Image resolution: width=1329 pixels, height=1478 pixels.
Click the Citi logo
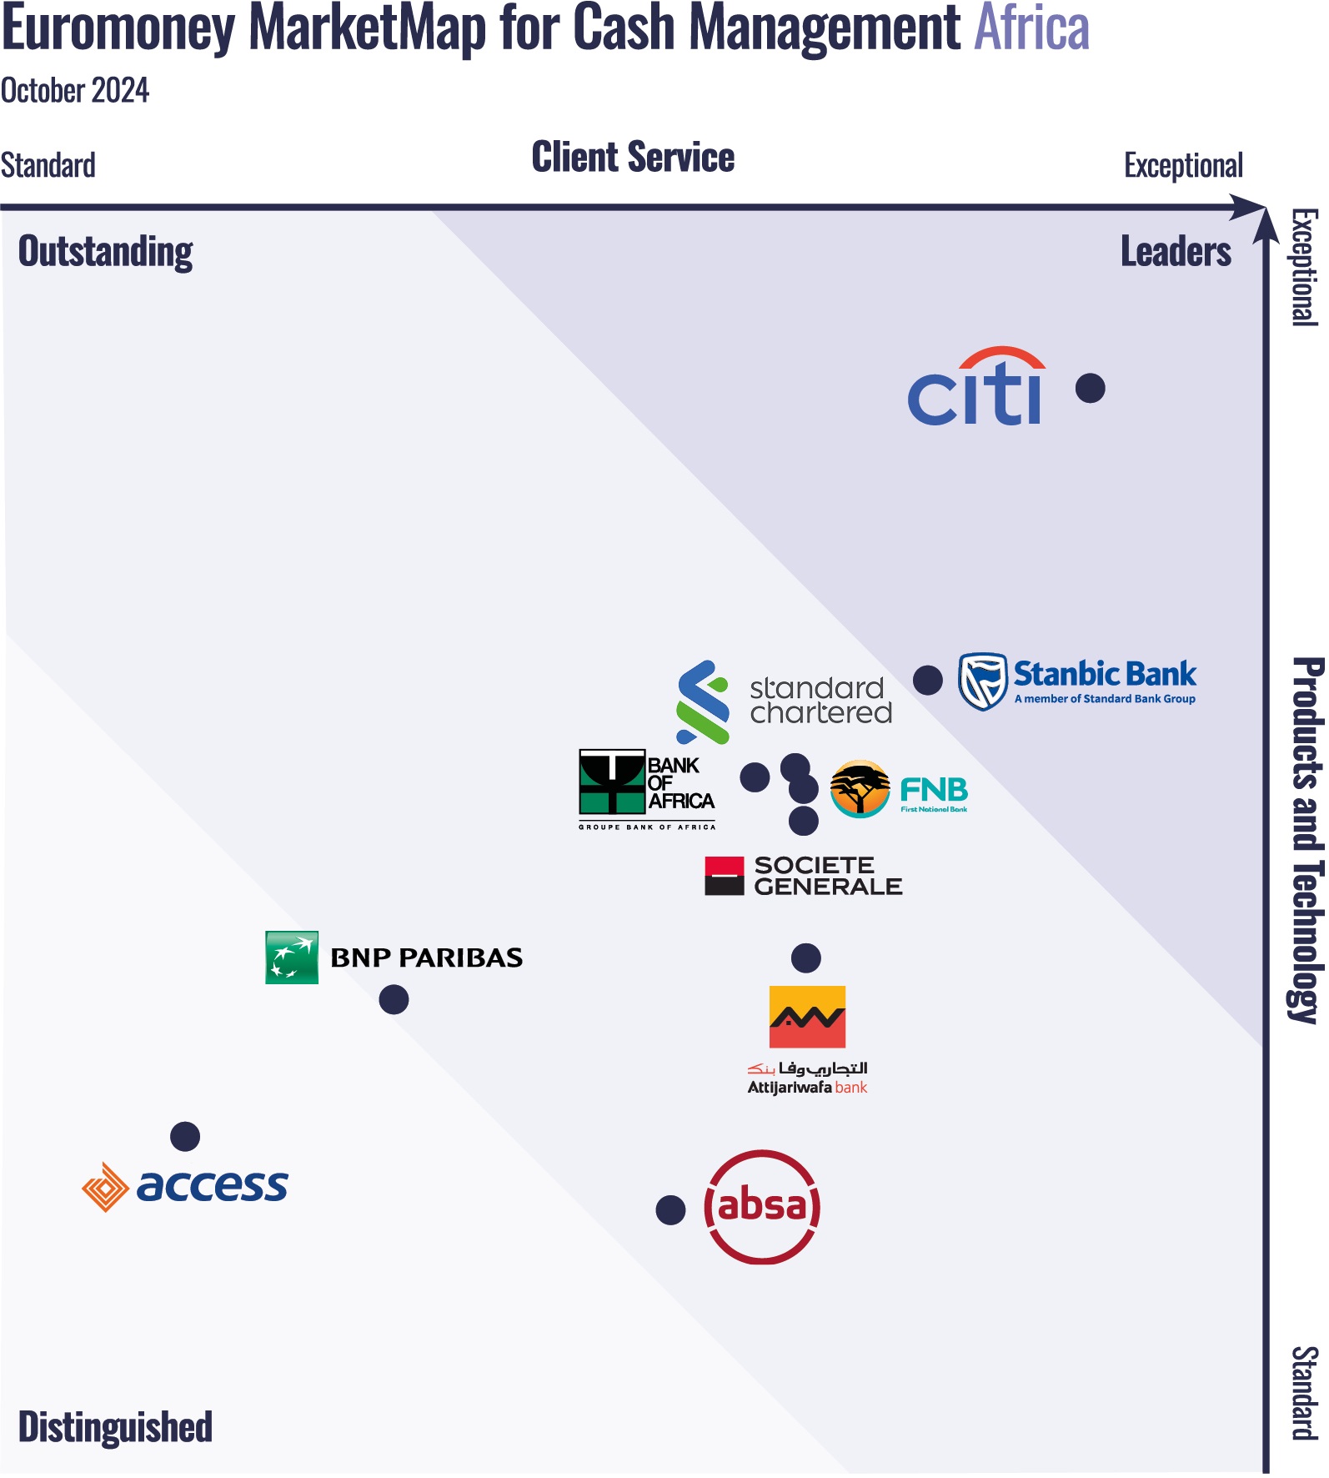975,388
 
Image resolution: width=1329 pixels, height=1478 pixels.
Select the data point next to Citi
1091,388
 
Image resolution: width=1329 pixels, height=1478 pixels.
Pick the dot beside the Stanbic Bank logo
928,680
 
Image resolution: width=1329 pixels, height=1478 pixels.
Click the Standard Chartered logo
784,701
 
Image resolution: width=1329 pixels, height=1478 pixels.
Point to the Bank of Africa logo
647,788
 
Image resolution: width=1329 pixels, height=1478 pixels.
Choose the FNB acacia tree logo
860,789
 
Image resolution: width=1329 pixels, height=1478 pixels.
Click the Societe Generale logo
804,876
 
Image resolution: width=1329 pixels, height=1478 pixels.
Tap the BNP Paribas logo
394,958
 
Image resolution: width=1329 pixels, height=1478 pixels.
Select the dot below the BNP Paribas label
394,999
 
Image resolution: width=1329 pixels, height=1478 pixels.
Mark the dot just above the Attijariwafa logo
806,958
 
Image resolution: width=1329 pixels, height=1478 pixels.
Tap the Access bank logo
185,1186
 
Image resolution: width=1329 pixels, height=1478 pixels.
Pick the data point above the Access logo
185,1136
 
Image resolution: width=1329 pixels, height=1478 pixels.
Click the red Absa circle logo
762,1207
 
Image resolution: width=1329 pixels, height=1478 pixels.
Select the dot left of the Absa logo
670,1209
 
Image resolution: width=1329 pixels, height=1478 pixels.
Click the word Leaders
1176,252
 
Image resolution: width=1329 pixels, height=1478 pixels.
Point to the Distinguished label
115,1427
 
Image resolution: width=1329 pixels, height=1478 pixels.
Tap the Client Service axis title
633,158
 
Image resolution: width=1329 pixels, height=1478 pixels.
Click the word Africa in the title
1031,28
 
